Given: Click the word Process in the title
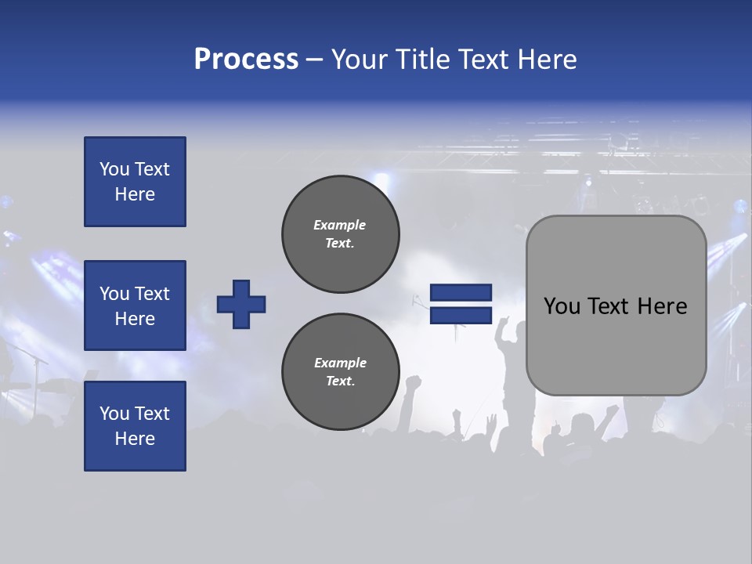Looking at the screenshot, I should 246,60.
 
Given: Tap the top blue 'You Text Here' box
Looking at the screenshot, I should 135,182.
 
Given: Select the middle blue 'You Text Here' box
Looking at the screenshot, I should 135,305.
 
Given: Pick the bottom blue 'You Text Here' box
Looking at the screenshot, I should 135,426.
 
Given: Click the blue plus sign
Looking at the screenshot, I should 241,304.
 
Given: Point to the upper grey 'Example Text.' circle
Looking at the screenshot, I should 340,234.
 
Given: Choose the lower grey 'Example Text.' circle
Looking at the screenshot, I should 340,372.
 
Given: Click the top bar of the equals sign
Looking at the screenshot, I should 461,293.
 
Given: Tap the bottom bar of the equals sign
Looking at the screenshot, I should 461,315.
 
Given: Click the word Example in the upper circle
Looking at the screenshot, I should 340,225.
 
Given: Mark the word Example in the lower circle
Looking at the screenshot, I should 340,363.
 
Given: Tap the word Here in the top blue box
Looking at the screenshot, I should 135,194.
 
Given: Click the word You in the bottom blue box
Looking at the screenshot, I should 114,414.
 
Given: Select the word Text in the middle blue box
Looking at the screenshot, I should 152,294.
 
